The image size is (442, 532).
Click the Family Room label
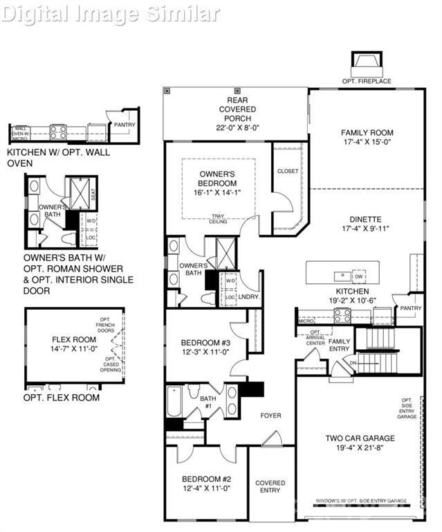(367, 132)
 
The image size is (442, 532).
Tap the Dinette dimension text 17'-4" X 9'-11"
(367, 229)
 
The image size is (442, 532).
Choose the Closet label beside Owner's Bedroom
(288, 170)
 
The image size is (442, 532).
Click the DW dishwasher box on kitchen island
(358, 275)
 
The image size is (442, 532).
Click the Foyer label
(270, 416)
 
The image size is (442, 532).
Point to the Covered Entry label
(270, 486)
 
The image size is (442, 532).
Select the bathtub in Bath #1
(174, 402)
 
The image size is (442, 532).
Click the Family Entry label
(339, 345)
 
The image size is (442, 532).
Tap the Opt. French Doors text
(109, 326)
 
